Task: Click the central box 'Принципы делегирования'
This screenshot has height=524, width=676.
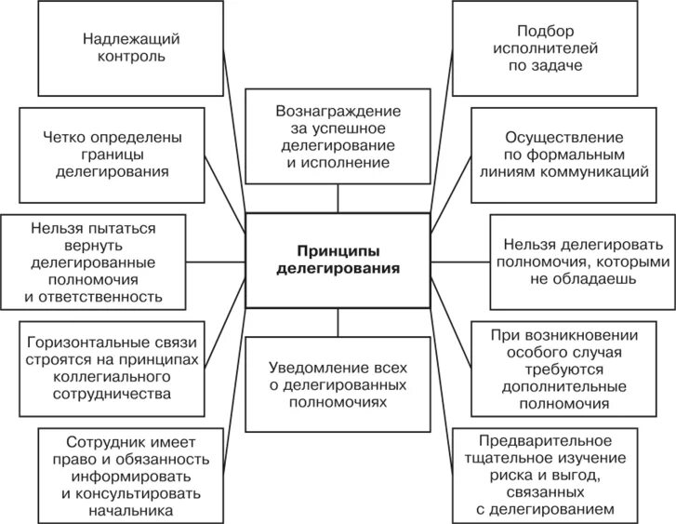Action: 338,262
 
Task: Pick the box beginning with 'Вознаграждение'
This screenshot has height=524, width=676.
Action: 338,137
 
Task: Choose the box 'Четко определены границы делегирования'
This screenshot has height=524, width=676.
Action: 113,155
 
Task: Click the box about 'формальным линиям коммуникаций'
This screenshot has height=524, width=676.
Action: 562,155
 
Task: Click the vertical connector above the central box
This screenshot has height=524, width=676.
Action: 338,199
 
